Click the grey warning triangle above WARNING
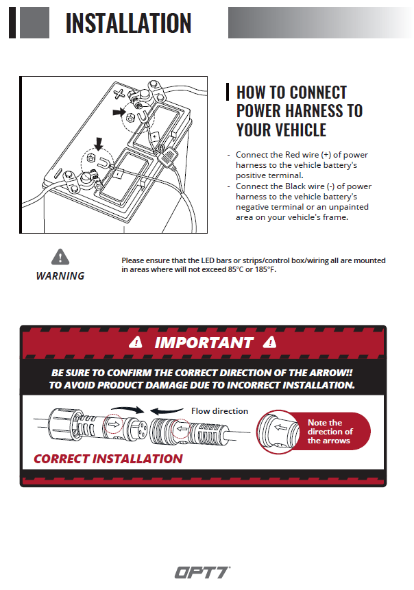pos(60,257)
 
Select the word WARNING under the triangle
pos(60,275)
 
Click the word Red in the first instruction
pos(292,156)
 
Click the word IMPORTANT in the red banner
pos(204,342)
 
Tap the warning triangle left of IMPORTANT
pos(138,342)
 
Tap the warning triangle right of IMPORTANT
pos(272,342)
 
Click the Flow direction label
pos(219,411)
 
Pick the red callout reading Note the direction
pos(330,432)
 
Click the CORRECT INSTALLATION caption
pos(108,458)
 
